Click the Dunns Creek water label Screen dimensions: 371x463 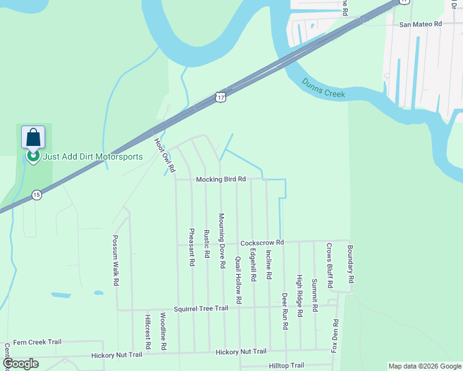pos(323,88)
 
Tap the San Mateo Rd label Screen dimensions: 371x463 pos(420,24)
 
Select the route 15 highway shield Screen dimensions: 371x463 pos(37,195)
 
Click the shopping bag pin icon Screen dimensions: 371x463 pos(33,137)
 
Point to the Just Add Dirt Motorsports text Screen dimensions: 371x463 pos(93,156)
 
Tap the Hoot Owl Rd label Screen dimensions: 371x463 pos(165,155)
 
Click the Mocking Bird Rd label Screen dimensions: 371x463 pos(221,179)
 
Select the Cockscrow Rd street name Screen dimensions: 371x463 pos(262,242)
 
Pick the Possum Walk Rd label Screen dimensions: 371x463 pos(115,260)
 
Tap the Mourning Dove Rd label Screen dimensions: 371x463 pos(221,241)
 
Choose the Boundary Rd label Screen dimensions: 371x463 pos(350,262)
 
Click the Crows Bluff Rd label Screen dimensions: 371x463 pos(330,266)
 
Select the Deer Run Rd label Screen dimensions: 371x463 pos(285,310)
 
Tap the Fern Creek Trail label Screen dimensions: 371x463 pos(37,341)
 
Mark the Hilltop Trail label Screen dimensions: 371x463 pos(287,365)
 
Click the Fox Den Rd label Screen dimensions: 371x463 pos(335,335)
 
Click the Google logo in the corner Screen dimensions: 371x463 pos(20,364)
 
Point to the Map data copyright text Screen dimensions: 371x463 pos(424,366)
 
